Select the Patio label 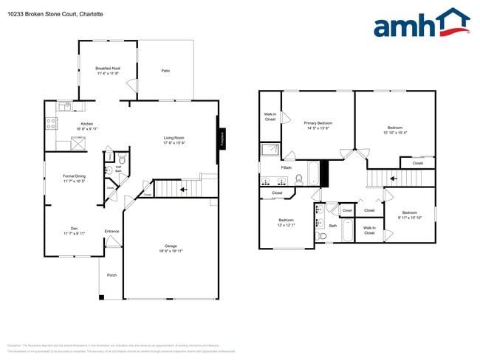(x=165, y=71)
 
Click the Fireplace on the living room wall (x=219, y=139)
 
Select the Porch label (x=112, y=275)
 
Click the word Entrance (x=112, y=232)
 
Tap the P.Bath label (x=287, y=167)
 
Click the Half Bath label (x=117, y=169)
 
